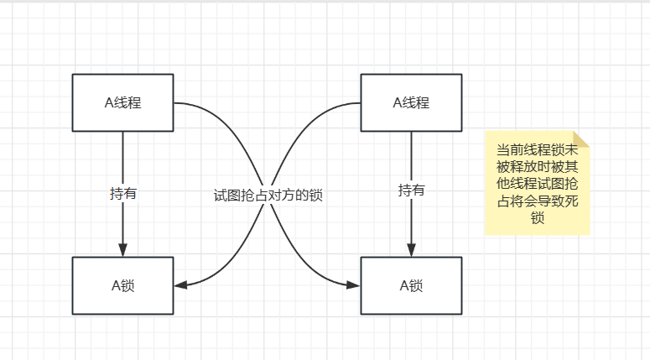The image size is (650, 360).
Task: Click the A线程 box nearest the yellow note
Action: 411,102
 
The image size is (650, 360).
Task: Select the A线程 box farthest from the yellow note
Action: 122,102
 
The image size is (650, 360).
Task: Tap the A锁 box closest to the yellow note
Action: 411,285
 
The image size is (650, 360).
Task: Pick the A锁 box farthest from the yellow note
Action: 122,285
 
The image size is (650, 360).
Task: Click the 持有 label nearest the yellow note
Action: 411,190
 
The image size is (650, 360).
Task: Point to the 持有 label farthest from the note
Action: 123,194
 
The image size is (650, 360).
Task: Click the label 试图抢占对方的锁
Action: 268,195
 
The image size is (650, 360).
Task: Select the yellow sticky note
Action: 537,183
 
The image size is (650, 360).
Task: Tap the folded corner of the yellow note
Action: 581,139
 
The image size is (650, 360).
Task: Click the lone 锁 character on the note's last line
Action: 538,219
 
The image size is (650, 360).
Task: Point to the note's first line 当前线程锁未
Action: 538,149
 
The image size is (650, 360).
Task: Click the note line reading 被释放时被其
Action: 538,166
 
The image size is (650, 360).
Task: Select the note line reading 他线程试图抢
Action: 538,184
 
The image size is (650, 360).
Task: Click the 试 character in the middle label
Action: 221,195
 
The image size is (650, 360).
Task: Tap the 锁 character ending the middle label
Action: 316,195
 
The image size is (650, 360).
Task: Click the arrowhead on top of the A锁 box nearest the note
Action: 411,250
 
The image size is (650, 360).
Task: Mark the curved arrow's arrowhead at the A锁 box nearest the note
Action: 354,285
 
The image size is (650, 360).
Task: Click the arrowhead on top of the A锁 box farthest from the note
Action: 122,250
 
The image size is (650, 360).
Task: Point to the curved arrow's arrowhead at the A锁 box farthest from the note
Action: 179,285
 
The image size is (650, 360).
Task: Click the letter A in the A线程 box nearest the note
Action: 397,102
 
